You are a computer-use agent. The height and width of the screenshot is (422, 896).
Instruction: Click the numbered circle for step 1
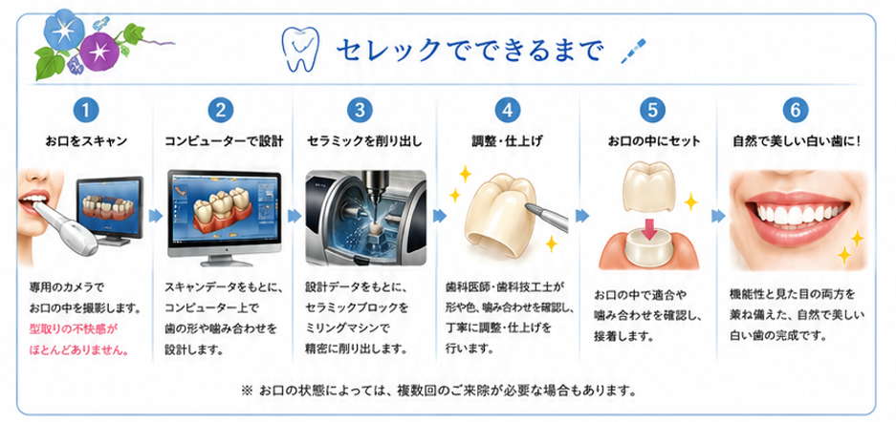(x=86, y=110)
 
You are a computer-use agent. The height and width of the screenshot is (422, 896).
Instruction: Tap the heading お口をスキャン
(x=86, y=141)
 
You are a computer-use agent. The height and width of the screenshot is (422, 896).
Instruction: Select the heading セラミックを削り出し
(x=364, y=141)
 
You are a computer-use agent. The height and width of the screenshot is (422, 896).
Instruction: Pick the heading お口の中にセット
(x=654, y=141)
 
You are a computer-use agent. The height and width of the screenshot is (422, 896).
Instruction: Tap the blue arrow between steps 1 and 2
(x=156, y=216)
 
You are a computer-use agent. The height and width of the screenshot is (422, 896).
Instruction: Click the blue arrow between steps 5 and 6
(x=718, y=216)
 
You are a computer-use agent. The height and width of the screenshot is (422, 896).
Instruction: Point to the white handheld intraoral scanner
(x=66, y=223)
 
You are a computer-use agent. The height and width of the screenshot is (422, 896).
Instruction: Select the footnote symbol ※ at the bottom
(x=247, y=391)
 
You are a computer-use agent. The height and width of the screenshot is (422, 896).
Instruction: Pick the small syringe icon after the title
(x=634, y=52)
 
